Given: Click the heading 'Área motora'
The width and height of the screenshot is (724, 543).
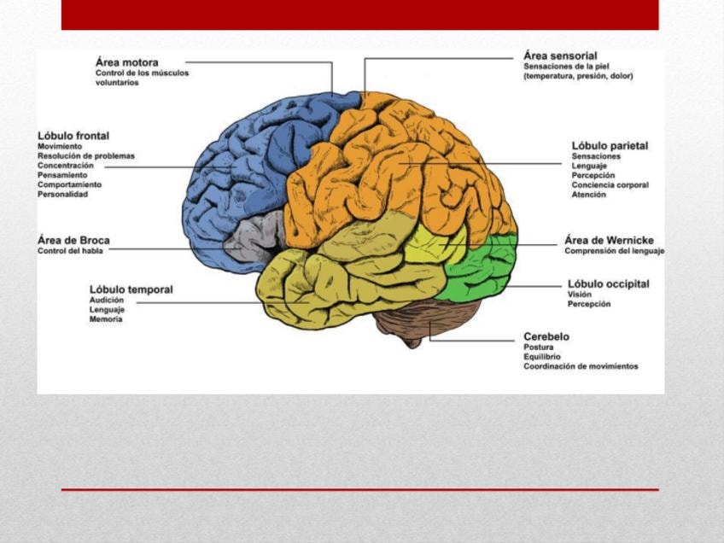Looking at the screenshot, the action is tap(126, 62).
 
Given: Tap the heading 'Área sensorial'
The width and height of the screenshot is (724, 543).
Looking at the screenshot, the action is tap(560, 55).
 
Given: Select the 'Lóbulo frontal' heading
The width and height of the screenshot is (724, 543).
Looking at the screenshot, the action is tap(73, 136).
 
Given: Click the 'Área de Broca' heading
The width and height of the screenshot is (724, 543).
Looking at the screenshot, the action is tap(73, 240).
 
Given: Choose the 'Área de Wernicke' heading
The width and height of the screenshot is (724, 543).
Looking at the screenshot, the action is tap(608, 240).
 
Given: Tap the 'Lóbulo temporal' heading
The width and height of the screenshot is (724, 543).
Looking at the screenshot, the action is tap(131, 289).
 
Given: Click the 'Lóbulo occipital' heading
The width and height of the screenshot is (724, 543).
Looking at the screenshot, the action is tap(608, 283).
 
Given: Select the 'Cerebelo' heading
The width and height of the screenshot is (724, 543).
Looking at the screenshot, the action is tap(546, 336).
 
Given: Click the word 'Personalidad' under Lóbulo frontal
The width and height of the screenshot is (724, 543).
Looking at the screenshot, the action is tap(62, 195).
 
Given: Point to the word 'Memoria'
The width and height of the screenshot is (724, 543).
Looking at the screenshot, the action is tap(106, 319).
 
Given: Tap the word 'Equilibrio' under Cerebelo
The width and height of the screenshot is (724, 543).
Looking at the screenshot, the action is tap(542, 357).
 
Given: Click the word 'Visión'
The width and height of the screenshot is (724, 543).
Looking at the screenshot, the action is tap(580, 295).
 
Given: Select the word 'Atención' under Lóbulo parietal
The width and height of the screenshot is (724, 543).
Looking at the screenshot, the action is tap(589, 195).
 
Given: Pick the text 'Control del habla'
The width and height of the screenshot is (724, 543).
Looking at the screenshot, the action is tap(69, 251).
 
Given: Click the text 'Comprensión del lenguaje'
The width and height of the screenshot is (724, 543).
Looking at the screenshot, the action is tap(614, 251).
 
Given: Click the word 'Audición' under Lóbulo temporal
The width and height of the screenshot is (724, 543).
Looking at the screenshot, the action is tap(107, 301).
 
